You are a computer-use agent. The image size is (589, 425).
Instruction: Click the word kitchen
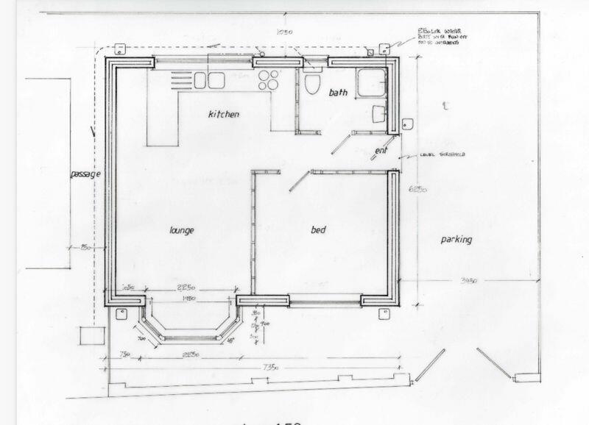click(224, 115)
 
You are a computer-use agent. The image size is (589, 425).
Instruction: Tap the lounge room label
click(181, 230)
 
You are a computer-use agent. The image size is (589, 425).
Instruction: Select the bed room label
click(318, 230)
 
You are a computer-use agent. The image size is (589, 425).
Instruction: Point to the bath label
click(337, 93)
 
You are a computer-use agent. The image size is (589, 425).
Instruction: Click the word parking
click(456, 240)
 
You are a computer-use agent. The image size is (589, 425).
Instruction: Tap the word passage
click(85, 174)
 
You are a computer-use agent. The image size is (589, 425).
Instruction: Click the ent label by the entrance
click(381, 151)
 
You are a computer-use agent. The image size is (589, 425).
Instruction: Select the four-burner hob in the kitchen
click(269, 78)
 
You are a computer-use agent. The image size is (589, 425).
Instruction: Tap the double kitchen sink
click(208, 79)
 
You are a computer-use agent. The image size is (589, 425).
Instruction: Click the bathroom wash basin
click(378, 114)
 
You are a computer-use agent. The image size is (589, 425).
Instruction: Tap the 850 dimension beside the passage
click(85, 246)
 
